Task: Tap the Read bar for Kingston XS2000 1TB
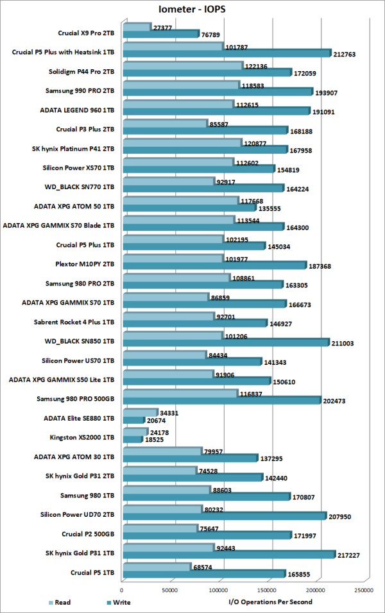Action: pos(134,432)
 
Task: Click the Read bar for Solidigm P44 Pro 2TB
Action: pos(182,65)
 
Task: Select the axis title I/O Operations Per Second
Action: pos(270,602)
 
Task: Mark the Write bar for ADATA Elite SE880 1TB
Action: pos(133,421)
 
